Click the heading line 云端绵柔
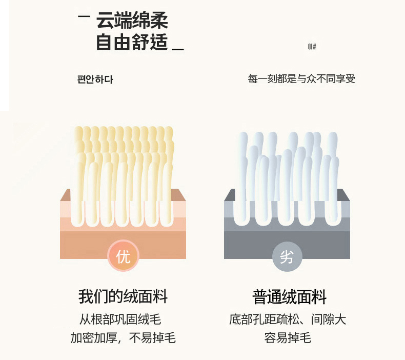132,21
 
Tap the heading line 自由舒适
132,43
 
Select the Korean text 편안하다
95,79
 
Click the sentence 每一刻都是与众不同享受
301,78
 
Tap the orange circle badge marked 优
123,256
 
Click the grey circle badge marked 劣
287,256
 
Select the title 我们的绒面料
123,296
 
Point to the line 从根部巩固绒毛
120,319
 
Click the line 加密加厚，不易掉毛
123,338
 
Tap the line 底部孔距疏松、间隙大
288,319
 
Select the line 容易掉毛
288,338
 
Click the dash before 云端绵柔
83,17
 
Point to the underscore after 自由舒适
178,49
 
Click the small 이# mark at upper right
312,47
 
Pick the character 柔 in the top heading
159,21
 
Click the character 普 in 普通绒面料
261,296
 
